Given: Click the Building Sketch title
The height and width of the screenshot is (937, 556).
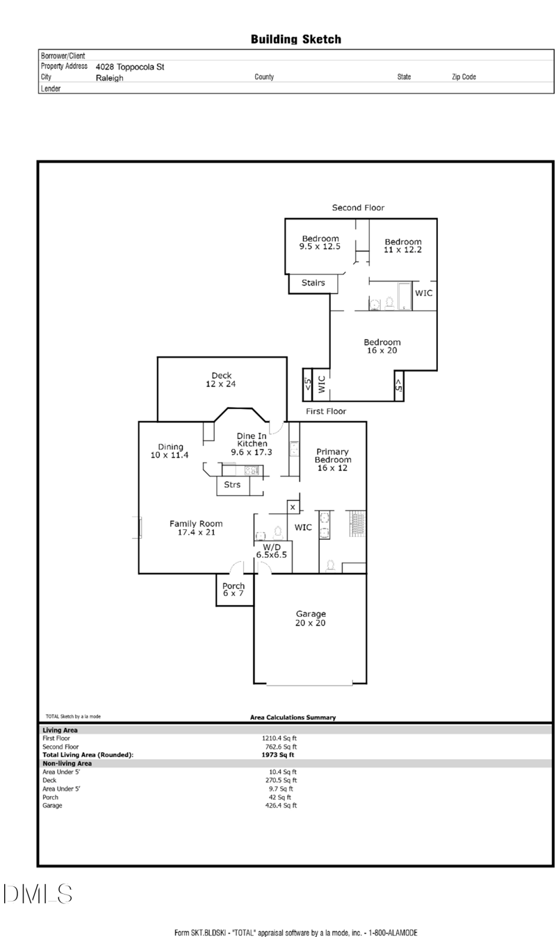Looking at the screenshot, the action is point(295,40).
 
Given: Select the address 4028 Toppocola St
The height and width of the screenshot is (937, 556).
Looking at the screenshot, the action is point(130,67).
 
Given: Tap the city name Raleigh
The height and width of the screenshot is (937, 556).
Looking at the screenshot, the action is point(109,78).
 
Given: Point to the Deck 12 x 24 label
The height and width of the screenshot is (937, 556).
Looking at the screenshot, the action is point(221,380).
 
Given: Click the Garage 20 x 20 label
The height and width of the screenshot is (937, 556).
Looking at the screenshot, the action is point(310,618).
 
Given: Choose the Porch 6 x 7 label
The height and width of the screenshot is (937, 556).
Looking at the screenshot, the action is point(234,590).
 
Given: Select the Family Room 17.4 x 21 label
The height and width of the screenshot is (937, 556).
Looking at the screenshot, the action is point(196,528).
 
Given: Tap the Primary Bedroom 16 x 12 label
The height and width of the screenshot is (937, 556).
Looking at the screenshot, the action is point(332,460).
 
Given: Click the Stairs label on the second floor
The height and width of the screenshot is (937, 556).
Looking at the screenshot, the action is point(313,283).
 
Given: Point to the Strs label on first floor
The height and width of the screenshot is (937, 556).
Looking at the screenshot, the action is point(232,484).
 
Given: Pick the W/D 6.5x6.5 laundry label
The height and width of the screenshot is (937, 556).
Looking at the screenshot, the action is point(272,551).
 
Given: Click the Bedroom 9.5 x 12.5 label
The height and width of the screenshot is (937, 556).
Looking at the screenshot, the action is point(320,242).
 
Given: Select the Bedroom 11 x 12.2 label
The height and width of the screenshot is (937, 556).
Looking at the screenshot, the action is point(403,246).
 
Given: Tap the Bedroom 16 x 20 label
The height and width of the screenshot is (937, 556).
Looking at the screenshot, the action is point(382,347).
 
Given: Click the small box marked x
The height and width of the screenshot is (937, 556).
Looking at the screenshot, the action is point(293,507).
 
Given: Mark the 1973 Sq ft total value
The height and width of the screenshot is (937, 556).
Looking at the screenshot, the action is point(278,754).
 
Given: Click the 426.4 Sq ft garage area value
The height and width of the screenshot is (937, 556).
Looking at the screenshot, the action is point(281,805).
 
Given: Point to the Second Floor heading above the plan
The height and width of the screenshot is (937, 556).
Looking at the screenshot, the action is point(358,208).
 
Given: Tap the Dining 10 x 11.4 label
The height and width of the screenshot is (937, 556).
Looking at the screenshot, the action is point(170,451).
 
